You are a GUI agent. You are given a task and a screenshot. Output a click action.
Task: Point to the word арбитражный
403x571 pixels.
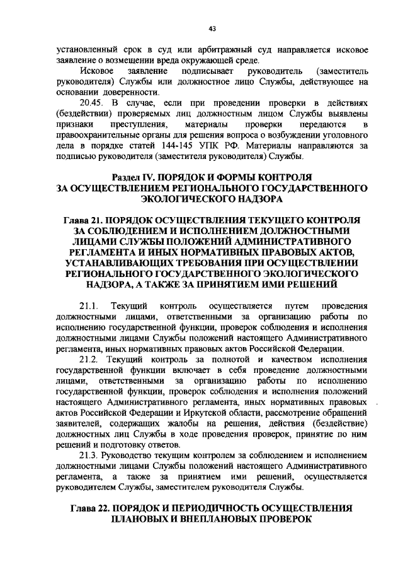tap(191, 49)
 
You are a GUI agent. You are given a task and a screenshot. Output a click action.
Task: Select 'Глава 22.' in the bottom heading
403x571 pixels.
tap(90, 509)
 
